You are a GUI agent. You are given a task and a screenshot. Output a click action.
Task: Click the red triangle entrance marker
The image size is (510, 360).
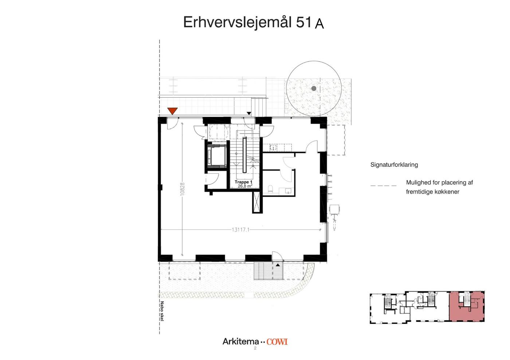point(172,111)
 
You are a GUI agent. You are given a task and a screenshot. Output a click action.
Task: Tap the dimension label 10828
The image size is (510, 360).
point(183,189)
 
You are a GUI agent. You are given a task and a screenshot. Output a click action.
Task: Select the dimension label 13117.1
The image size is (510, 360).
point(240,230)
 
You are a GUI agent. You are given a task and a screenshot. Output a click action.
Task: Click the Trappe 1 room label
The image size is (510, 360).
point(243,182)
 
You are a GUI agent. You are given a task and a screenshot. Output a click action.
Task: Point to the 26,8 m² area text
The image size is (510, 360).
point(245,186)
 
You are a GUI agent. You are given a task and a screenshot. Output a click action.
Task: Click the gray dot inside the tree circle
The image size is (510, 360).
point(314,88)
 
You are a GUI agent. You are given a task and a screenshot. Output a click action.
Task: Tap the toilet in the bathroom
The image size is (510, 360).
point(270,189)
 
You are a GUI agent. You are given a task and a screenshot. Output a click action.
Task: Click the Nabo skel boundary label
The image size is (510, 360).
point(162,311)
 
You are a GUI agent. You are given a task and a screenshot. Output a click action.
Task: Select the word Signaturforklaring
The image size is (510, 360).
point(394,165)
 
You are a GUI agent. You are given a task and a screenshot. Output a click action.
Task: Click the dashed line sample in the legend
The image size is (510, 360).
point(383,186)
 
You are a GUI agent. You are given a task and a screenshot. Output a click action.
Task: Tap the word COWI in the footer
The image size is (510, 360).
point(277,342)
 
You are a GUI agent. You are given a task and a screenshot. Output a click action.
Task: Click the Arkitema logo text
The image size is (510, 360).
point(241,341)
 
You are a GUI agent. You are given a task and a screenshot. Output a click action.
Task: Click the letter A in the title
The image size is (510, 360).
point(319,24)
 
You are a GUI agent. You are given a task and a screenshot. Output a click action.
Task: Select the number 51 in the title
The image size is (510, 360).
point(303,22)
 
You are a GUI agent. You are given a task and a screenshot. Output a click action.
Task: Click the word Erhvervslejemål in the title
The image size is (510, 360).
point(238,23)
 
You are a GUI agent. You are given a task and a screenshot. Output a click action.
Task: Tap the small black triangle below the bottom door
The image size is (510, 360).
point(278,265)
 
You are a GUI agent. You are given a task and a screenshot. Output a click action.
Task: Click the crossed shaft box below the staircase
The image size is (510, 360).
point(258,202)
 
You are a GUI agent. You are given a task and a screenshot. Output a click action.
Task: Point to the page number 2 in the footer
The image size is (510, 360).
point(255,348)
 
